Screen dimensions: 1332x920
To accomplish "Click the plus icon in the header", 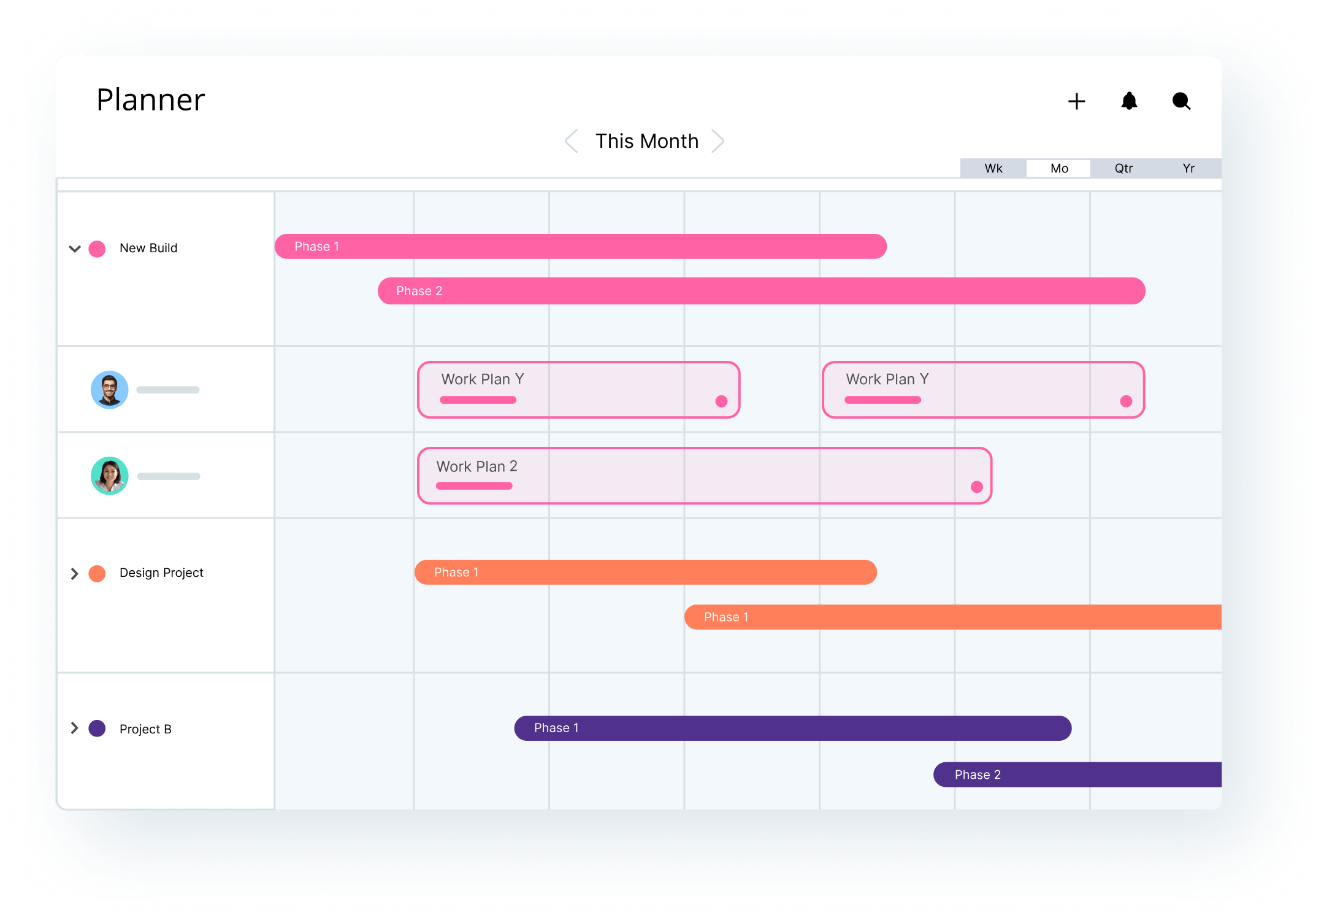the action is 1076,101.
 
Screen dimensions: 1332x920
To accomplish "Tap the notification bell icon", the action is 1129,101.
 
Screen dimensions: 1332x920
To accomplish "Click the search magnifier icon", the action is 1181,101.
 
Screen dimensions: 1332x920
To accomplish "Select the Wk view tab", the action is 993,168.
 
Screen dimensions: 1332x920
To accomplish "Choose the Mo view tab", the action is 1059,168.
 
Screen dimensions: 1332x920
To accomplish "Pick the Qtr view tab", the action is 1123,168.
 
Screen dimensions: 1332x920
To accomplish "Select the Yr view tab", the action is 1188,168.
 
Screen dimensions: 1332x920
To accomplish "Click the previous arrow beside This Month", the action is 571,141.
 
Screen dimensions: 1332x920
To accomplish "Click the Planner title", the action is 151,99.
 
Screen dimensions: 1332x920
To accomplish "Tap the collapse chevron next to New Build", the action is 75,249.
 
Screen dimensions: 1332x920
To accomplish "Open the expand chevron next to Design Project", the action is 74,573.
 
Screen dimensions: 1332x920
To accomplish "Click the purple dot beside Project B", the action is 97,729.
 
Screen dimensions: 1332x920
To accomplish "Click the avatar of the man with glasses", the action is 110,390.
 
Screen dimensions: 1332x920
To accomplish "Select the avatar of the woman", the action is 110,476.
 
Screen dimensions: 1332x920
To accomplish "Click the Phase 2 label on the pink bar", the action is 419,291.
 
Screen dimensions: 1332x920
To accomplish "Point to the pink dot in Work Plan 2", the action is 977,487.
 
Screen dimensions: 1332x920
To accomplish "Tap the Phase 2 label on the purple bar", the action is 978,775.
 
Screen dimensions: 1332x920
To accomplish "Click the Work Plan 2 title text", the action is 477,466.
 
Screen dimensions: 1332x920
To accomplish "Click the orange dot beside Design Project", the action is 97,573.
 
